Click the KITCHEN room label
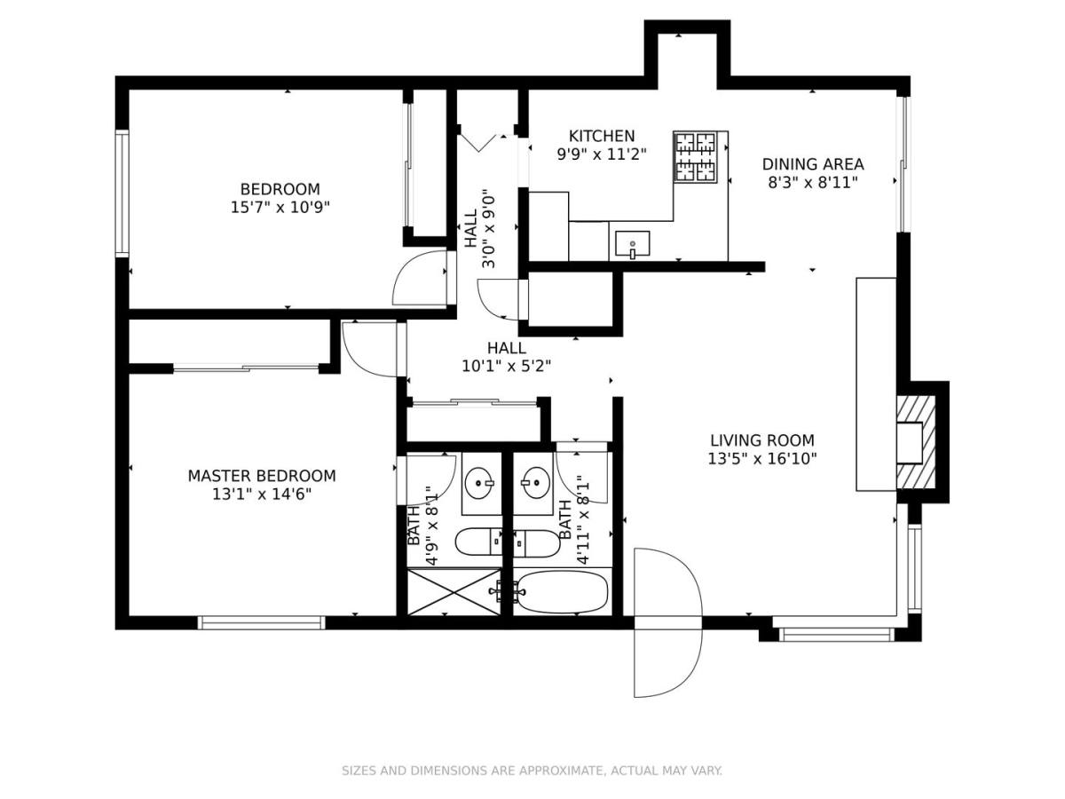coord(601,136)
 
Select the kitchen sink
coord(632,244)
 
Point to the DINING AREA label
coord(813,164)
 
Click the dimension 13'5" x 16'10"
coord(762,458)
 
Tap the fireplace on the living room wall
coord(915,442)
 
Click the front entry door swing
coord(667,622)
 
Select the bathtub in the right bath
coord(562,591)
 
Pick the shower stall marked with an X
coord(454,592)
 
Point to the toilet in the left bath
coord(478,542)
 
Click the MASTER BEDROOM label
coord(262,476)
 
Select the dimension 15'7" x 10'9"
coord(280,208)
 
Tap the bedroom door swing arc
coord(419,278)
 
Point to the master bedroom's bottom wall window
coord(262,622)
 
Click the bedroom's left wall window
coord(122,194)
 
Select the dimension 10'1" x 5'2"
coord(506,366)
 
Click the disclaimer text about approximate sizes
coord(532,770)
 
